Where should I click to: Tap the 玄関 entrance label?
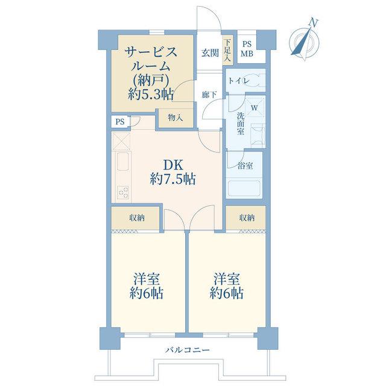coord(210,53)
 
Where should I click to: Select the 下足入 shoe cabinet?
coord(228,51)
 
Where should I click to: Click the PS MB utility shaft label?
coord(247,49)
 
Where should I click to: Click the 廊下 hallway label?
coord(209,95)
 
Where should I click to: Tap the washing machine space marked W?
coord(255,107)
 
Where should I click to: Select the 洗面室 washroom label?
coord(241,124)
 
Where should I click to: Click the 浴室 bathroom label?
coord(245,166)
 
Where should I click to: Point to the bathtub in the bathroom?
coord(244,188)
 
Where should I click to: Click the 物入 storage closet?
coord(176,118)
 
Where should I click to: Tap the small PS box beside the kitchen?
coord(120,122)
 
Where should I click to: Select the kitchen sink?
coord(122,161)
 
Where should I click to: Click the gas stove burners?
coord(123,192)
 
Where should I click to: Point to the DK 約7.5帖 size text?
coord(173,172)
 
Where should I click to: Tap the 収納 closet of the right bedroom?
coord(246,218)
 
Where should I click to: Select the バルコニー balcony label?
coord(188,350)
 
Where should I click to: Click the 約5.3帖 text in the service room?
coord(151,94)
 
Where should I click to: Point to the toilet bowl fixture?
coord(256,80)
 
